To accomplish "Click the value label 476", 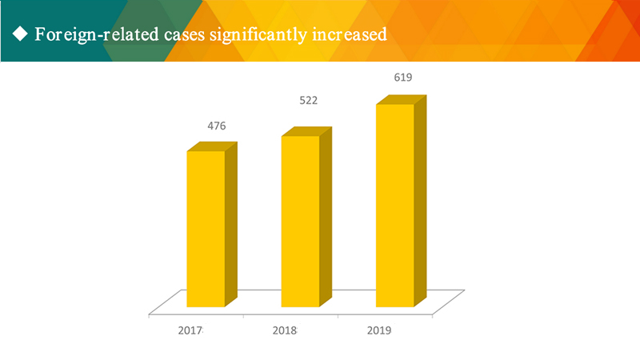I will coord(216,126).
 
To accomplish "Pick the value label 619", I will coord(402,78).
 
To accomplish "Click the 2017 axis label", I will coord(190,330).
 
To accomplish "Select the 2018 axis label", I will coord(285,330).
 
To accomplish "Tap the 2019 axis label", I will coord(379,330).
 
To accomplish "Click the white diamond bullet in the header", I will coord(21,34).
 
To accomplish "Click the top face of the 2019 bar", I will coord(400,100).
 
